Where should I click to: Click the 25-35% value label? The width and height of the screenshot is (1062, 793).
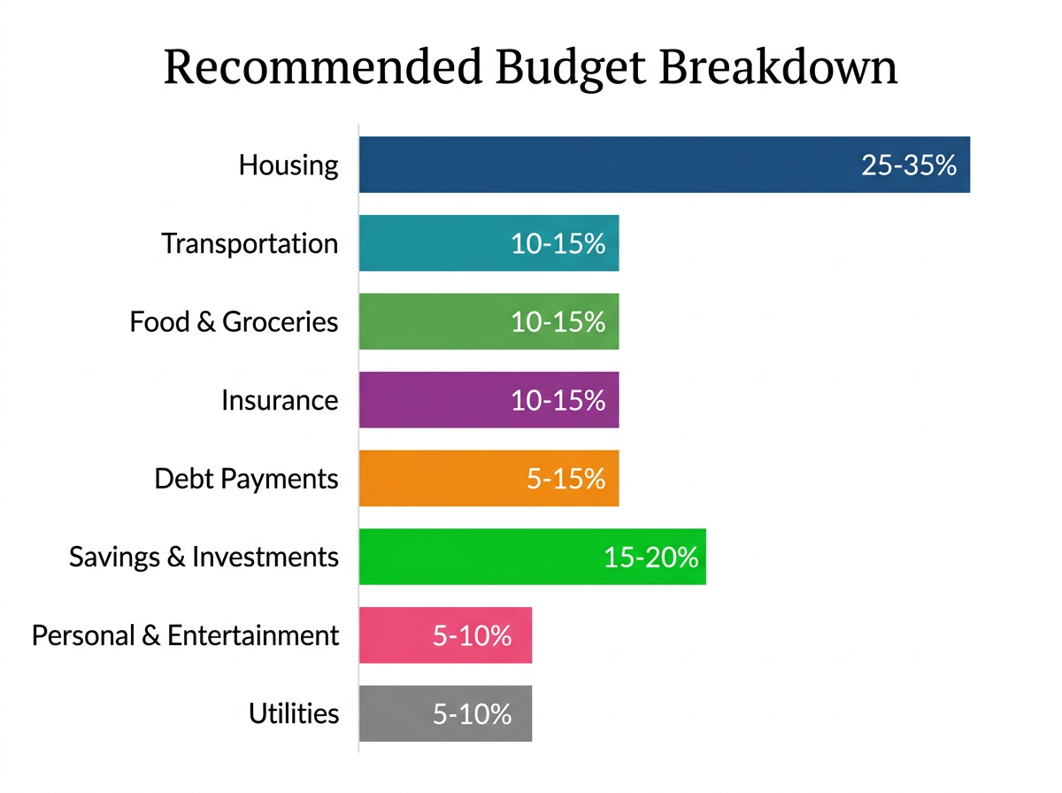[909, 166]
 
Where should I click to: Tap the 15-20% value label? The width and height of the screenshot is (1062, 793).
[650, 558]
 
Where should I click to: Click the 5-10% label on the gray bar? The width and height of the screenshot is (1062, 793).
[472, 714]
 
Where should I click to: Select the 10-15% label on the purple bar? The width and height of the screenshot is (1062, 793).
[558, 400]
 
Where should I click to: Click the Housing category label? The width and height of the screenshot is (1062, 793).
[289, 166]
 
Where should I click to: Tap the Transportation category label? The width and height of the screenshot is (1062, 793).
[250, 243]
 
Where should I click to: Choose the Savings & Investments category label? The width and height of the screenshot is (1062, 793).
[204, 557]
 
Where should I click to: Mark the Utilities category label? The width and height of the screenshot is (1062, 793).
[294, 713]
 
